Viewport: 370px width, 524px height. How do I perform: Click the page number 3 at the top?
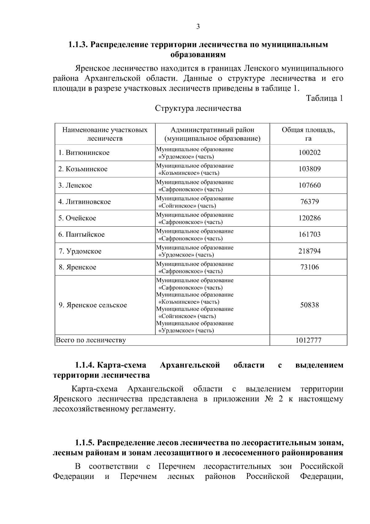pyautogui.click(x=198, y=27)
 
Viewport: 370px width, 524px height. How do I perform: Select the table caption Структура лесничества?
pyautogui.click(x=198, y=108)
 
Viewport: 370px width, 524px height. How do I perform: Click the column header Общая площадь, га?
pyautogui.click(x=308, y=134)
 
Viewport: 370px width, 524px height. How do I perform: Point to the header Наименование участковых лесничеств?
pyautogui.click(x=105, y=134)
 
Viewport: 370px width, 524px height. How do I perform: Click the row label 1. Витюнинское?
pyautogui.click(x=84, y=153)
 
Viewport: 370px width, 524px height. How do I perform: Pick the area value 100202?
pyautogui.click(x=310, y=153)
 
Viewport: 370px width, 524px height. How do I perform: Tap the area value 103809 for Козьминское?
pyautogui.click(x=310, y=169)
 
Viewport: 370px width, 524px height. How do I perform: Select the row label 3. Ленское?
pyautogui.click(x=76, y=185)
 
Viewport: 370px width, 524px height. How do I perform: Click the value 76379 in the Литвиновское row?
pyautogui.click(x=310, y=202)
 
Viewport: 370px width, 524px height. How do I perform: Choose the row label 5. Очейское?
pyautogui.click(x=77, y=218)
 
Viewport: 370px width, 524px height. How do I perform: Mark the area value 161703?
pyautogui.click(x=310, y=234)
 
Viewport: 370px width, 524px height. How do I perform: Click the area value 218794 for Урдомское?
pyautogui.click(x=310, y=251)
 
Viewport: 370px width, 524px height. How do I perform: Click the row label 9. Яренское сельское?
pyautogui.click(x=93, y=305)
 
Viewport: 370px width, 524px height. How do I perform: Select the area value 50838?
pyautogui.click(x=310, y=305)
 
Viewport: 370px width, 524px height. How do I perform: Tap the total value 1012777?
pyautogui.click(x=308, y=340)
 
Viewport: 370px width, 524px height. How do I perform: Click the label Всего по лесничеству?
pyautogui.click(x=91, y=340)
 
